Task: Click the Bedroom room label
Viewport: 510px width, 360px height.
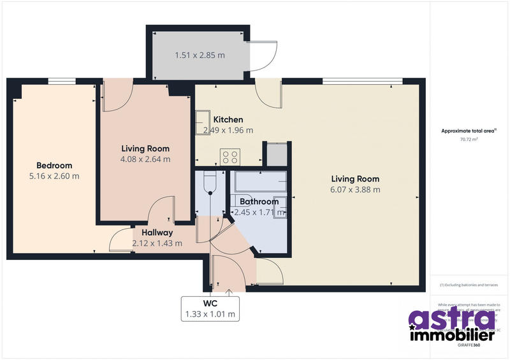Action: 54,165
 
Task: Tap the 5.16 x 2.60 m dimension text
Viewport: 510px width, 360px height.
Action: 54,176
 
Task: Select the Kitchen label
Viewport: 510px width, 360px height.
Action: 228,120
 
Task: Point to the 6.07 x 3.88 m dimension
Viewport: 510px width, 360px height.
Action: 355,189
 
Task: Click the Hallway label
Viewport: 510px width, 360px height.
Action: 157,233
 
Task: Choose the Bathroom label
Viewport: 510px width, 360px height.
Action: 259,201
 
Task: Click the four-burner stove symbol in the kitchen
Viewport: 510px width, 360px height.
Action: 229,156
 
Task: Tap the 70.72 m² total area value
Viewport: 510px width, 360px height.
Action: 469,138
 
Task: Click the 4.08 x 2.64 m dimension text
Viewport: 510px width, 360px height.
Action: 146,159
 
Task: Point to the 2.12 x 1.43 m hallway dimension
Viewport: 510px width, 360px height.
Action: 157,243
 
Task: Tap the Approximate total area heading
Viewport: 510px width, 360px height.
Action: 468,131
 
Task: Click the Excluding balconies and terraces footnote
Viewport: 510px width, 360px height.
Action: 469,285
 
